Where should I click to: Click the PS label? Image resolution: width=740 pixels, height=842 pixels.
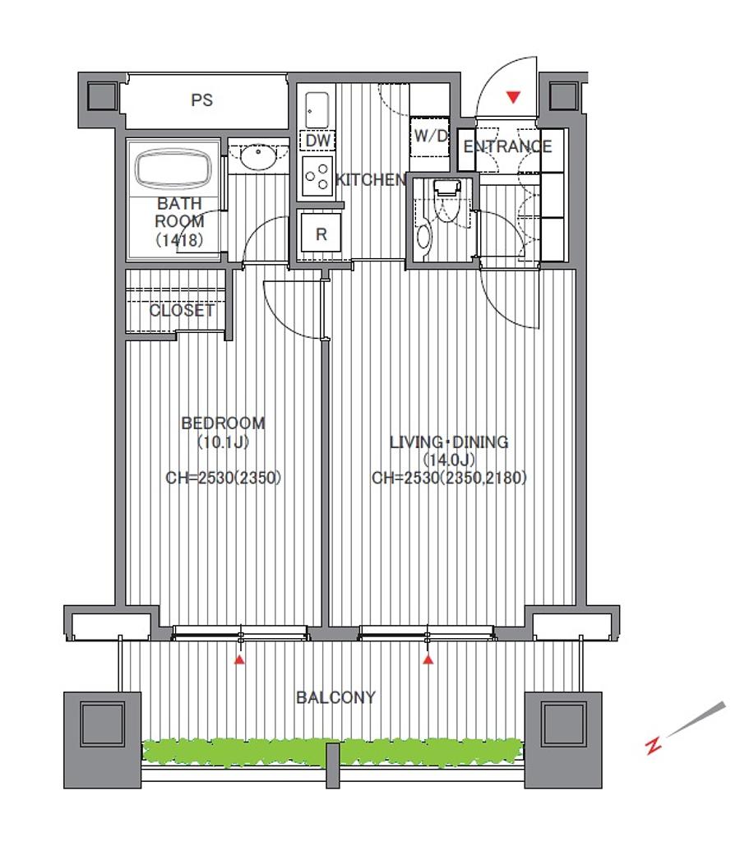pos(202,100)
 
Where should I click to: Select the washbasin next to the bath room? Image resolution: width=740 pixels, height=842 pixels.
pos(258,156)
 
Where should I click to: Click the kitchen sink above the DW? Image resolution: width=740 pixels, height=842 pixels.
pos(317,110)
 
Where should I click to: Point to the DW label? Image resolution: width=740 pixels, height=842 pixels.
pos(317,141)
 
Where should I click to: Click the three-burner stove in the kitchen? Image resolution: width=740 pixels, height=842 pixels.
pos(317,176)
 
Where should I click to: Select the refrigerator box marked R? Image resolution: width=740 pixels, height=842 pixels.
pos(321,234)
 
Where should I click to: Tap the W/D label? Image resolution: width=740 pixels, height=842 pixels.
pos(431,136)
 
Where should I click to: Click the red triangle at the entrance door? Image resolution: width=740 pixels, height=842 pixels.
pos(514,97)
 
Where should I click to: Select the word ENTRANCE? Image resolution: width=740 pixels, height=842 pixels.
pos(507,146)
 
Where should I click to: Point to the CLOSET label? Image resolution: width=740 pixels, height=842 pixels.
pos(182,310)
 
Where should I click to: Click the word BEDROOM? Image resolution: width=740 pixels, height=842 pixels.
pos(223,423)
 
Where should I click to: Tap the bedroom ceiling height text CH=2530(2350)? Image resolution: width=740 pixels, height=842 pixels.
pos(223,478)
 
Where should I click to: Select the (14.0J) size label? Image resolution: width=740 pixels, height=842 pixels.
pos(449,460)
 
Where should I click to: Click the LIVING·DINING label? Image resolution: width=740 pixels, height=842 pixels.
pos(449,442)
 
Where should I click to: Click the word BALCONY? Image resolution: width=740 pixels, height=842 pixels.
pos(335,697)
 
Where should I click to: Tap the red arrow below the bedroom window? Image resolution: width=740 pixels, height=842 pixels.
pos(239,659)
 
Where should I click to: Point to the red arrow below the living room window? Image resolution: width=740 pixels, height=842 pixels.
pos(428,659)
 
